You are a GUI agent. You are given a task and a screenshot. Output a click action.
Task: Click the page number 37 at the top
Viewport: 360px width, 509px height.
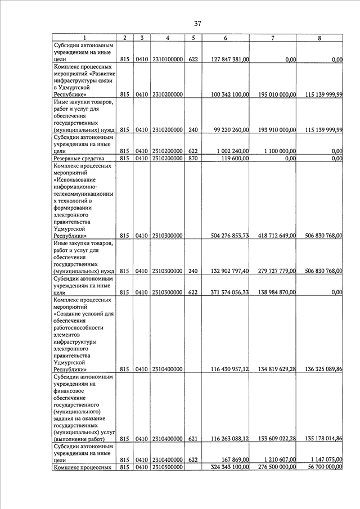click(197, 24)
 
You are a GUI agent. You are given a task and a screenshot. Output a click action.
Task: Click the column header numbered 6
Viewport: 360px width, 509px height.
click(225, 38)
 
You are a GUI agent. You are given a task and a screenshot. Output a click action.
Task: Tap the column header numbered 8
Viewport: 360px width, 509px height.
click(319, 38)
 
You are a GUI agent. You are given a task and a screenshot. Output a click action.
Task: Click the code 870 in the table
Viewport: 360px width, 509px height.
click(193, 159)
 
